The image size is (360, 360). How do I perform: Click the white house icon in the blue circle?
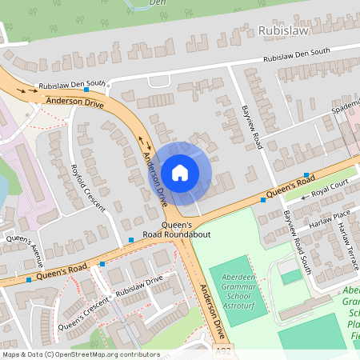(x=180, y=172)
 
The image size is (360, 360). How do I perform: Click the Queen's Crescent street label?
(x=82, y=314)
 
